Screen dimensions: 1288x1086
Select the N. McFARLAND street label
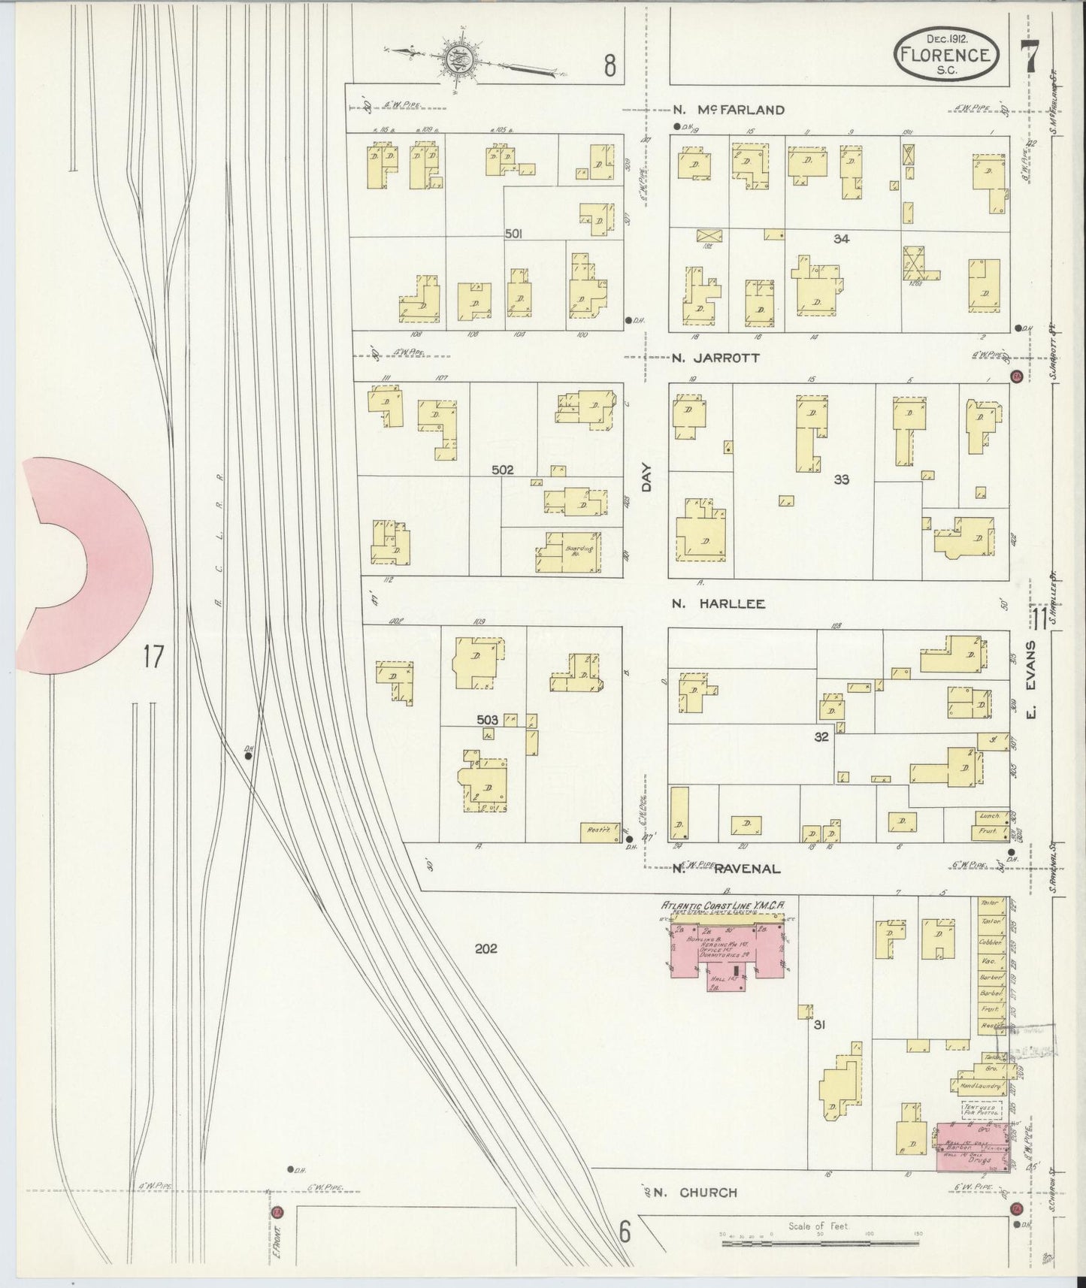(x=728, y=110)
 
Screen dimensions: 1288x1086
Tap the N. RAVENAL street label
(x=726, y=869)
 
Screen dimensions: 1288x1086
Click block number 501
(x=513, y=234)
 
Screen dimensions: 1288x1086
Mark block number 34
(x=841, y=239)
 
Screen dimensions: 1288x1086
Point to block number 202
(x=486, y=948)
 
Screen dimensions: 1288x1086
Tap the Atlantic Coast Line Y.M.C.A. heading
(x=722, y=906)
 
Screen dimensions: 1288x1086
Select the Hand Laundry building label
(x=976, y=1086)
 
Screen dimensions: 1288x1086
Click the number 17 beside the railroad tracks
(x=153, y=657)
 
